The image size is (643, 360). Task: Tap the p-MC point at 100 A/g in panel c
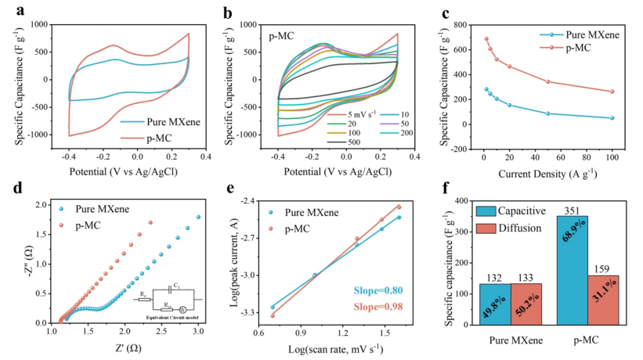(x=612, y=92)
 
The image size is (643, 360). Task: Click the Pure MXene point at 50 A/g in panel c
(x=547, y=113)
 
